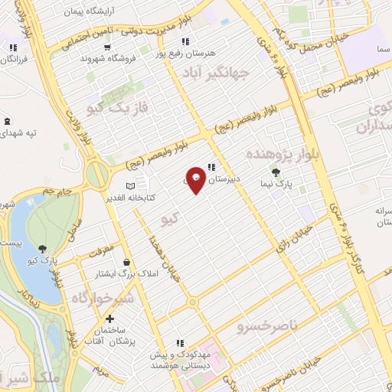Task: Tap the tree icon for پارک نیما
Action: pos(276,171)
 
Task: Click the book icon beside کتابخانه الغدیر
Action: pos(129,185)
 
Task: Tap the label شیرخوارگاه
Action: pos(103,297)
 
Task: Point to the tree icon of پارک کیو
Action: pos(42,249)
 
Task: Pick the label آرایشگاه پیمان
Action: pos(90,13)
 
